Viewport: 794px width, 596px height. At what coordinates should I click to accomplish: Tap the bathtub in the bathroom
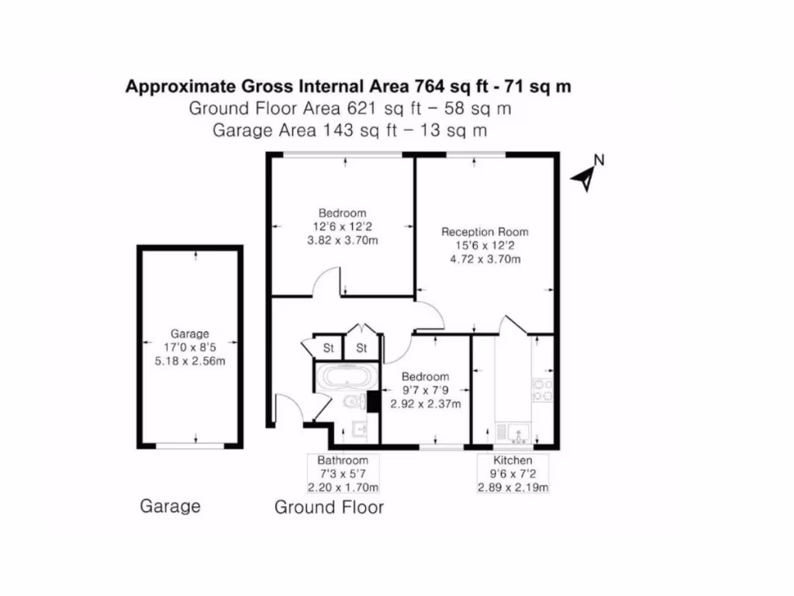coord(346,378)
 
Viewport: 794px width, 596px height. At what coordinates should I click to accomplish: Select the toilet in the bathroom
coord(354,402)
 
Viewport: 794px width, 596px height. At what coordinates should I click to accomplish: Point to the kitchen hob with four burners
coord(542,390)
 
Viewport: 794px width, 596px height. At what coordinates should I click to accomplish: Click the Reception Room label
coord(485,231)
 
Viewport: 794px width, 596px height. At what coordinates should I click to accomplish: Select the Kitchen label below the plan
coord(513,460)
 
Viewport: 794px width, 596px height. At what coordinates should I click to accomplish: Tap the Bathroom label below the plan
coord(343,460)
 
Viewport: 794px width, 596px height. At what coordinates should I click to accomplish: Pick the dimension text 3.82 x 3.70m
coord(343,241)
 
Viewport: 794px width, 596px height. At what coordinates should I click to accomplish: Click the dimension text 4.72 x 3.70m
coord(485,259)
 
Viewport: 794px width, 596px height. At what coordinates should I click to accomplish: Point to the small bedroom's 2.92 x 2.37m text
coord(425,404)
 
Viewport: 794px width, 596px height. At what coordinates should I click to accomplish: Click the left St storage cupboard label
coord(328,348)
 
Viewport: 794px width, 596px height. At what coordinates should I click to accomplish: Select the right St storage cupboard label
coord(361,348)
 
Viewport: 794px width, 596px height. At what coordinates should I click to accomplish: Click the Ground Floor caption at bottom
coord(329,508)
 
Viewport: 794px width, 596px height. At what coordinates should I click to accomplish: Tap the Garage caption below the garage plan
coord(170,506)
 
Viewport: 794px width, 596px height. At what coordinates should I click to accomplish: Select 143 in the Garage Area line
coord(335,130)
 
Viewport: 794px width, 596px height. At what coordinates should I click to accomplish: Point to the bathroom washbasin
coord(359,428)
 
